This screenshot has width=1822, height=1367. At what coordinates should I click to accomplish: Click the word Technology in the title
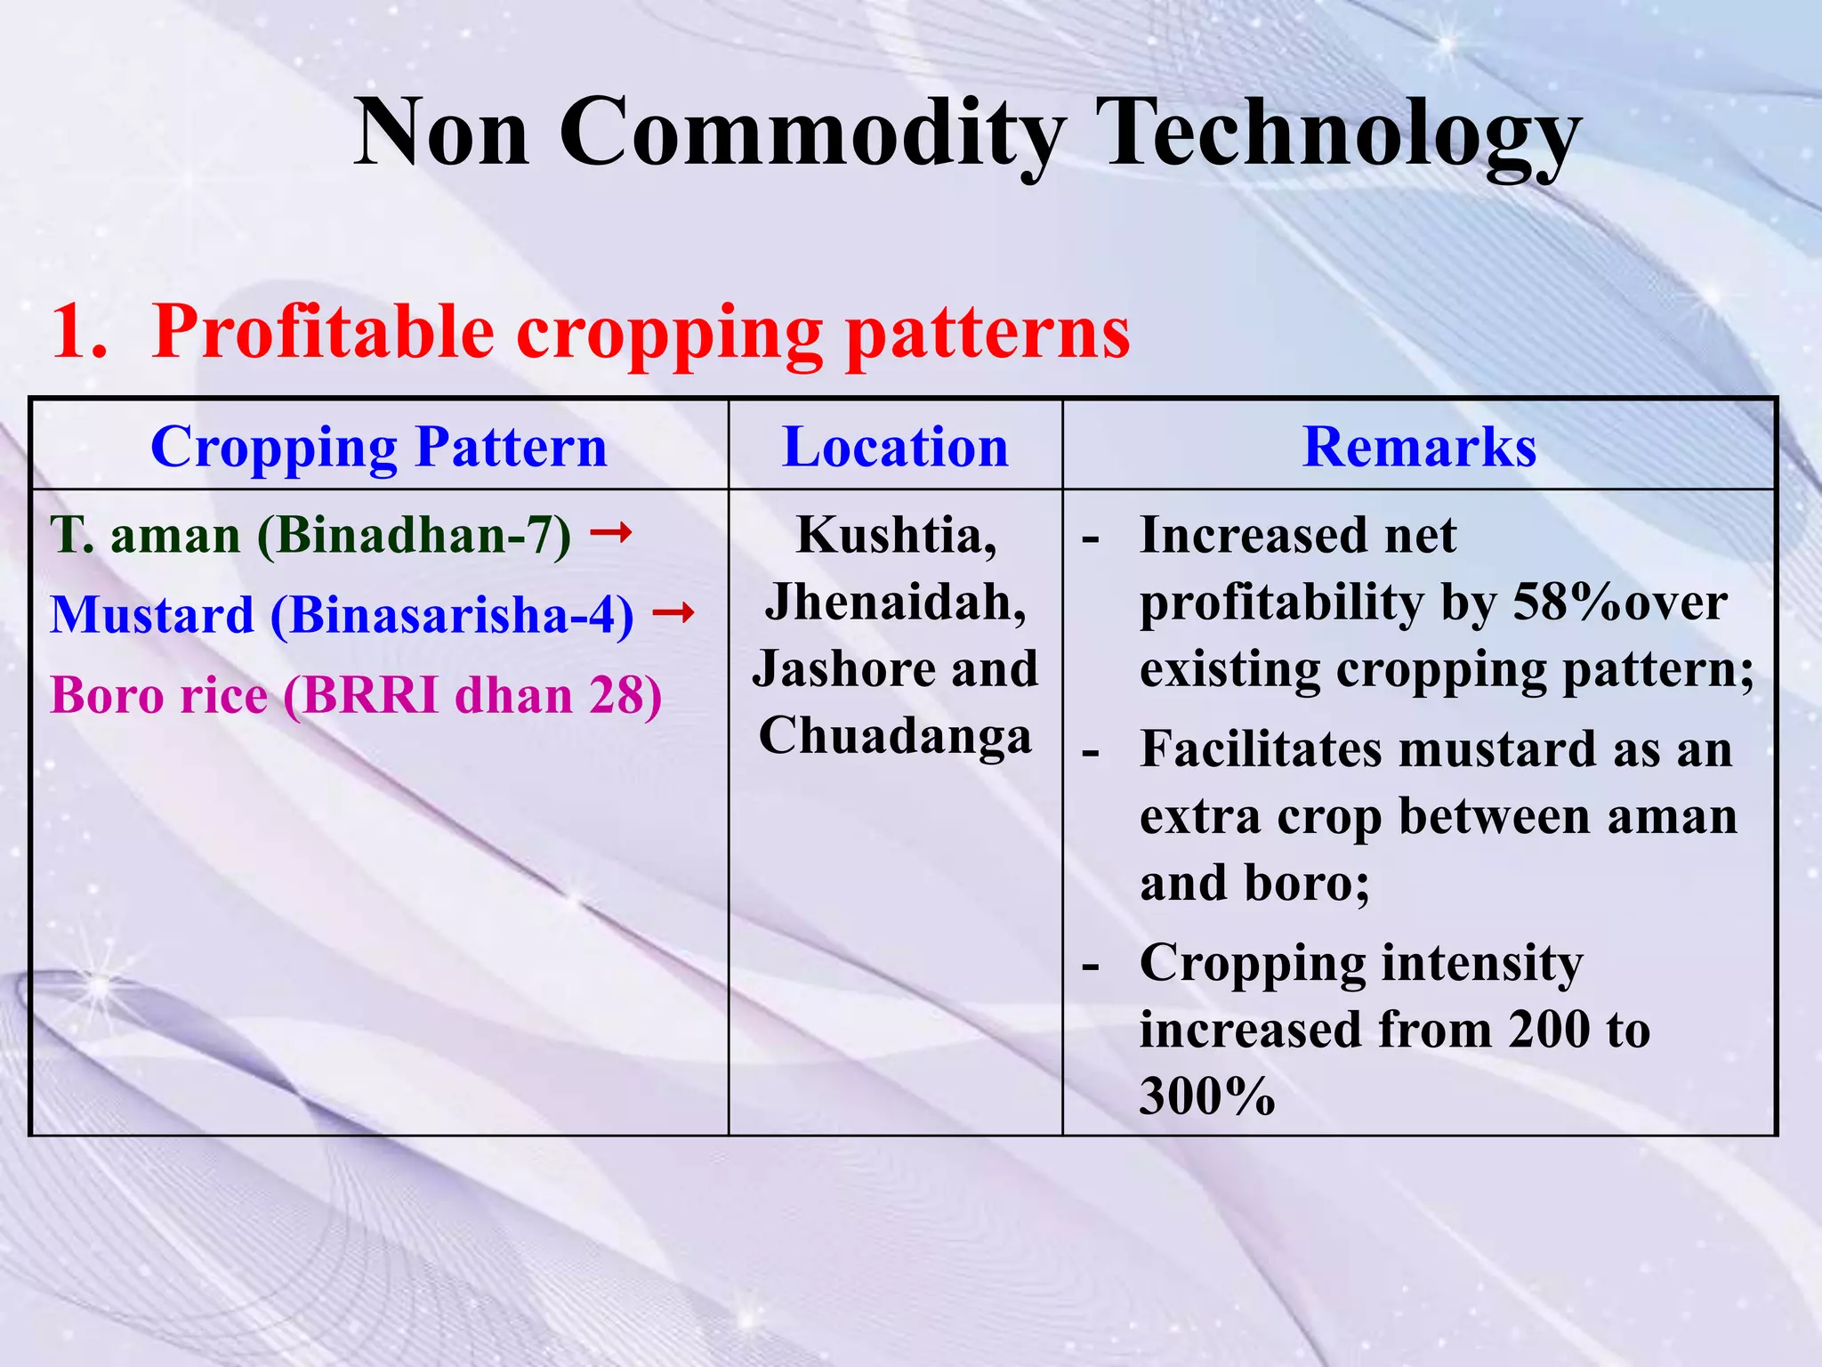tap(1337, 133)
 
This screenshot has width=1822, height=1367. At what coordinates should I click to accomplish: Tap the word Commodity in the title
tap(811, 133)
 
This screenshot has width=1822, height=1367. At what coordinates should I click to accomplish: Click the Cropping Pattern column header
tap(379, 447)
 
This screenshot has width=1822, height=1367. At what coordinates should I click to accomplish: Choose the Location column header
tap(895, 447)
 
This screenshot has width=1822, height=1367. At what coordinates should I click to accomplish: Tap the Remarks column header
tap(1419, 447)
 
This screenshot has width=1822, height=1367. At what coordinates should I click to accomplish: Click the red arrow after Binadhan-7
tap(612, 533)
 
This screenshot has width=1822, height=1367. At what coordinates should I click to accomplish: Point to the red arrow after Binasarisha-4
tap(673, 612)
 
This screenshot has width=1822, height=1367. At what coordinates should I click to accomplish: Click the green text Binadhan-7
tap(415, 536)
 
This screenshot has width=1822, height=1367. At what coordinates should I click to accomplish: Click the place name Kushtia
tap(896, 536)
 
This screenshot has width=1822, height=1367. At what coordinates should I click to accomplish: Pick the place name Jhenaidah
tap(896, 603)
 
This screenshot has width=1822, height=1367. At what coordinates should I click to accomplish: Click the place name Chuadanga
tap(896, 736)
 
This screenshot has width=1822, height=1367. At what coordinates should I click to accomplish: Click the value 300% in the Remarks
tap(1207, 1096)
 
